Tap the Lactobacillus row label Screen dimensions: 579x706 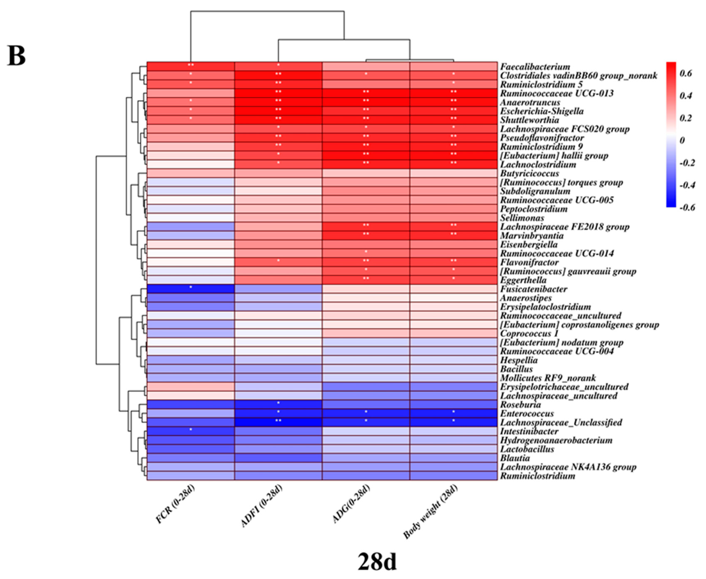(x=527, y=449)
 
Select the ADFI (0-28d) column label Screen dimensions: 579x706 (x=262, y=506)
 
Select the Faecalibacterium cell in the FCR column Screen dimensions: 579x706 (x=191, y=66)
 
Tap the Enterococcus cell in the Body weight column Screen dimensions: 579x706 (x=454, y=413)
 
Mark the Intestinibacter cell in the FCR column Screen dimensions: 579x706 (x=191, y=431)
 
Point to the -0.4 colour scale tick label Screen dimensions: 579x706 (x=687, y=185)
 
